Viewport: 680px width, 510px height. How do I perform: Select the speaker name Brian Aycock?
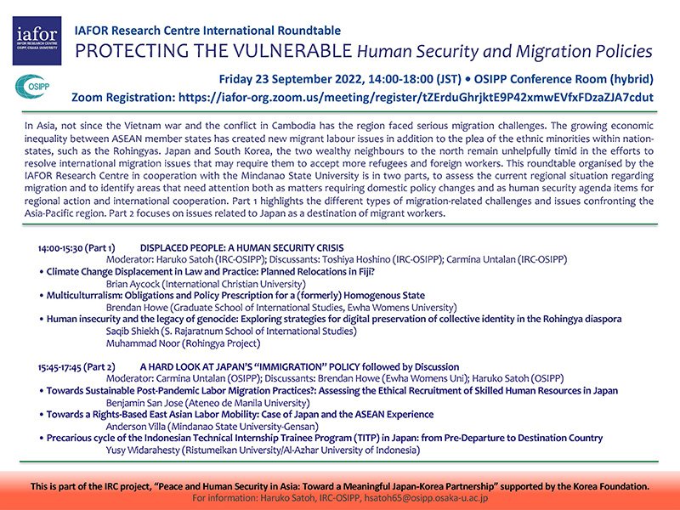tap(131, 283)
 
